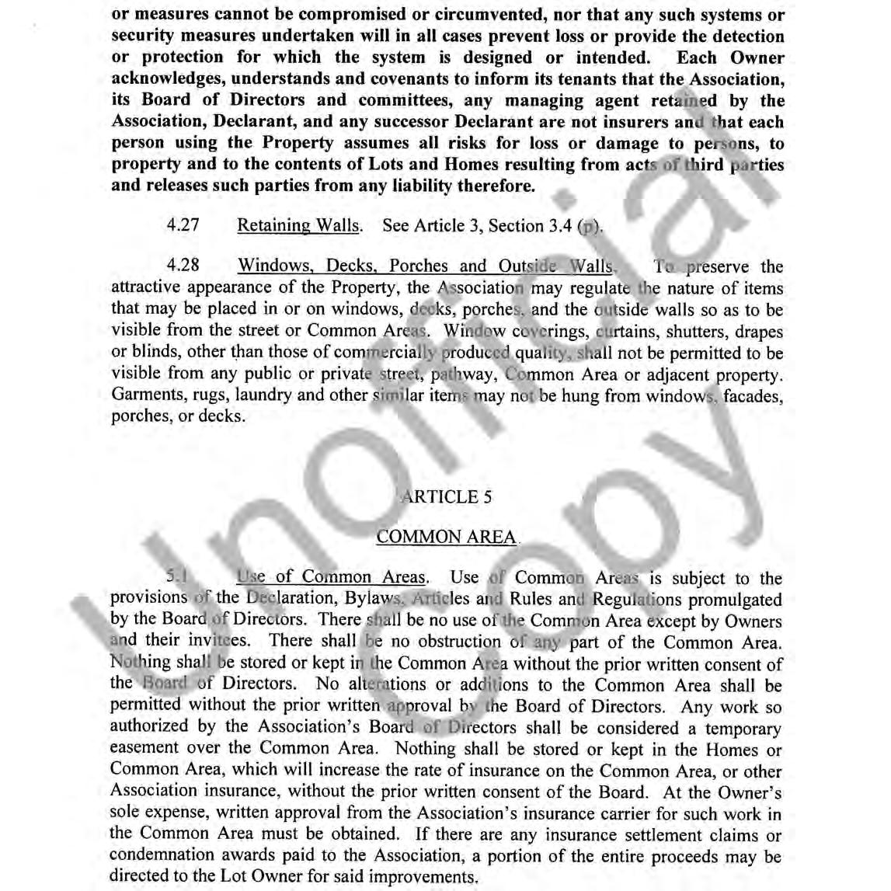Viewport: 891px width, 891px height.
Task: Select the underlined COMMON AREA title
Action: click(446, 537)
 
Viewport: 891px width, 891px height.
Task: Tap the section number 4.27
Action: click(183, 226)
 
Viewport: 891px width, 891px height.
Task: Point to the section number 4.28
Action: click(183, 266)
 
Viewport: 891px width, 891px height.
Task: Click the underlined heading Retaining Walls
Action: click(299, 226)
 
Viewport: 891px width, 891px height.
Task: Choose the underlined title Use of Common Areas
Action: click(332, 577)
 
